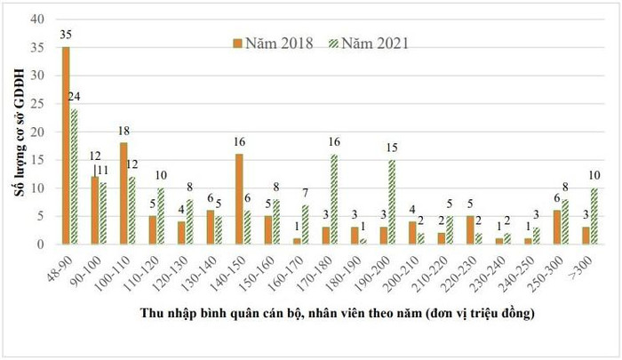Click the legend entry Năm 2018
pyautogui.click(x=276, y=43)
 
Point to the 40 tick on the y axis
pyautogui.click(x=39, y=20)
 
